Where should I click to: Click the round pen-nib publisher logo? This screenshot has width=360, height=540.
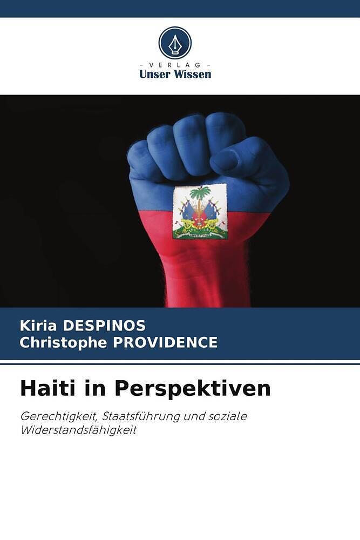pyautogui.click(x=175, y=43)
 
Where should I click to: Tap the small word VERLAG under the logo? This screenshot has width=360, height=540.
pyautogui.click(x=175, y=65)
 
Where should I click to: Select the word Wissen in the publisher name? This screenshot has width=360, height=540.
pyautogui.click(x=192, y=75)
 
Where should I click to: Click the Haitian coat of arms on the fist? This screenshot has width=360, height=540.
pyautogui.click(x=200, y=211)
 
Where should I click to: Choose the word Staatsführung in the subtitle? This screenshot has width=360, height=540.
pyautogui.click(x=138, y=417)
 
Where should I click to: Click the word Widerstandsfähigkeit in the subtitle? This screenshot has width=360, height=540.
pyautogui.click(x=79, y=430)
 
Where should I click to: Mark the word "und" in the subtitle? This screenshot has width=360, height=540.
pyautogui.click(x=194, y=417)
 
